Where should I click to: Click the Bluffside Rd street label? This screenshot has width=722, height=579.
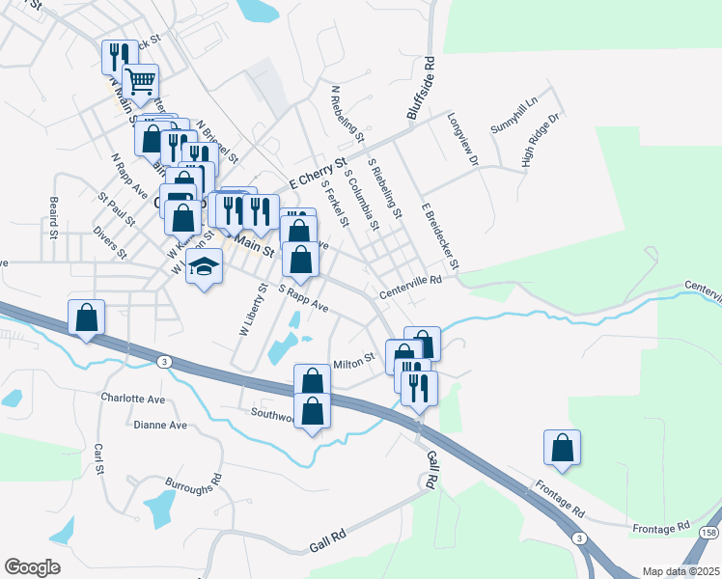[x=422, y=88]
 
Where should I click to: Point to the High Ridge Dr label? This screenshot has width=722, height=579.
[x=541, y=141]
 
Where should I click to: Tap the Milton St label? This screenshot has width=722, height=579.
[x=353, y=364]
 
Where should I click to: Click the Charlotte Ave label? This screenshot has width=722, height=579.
[x=133, y=397]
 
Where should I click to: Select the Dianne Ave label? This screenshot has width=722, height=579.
[x=160, y=425]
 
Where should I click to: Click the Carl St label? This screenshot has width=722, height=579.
[x=98, y=458]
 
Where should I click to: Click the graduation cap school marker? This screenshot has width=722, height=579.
[x=204, y=266]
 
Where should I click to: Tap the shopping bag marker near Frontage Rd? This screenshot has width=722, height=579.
[x=562, y=448]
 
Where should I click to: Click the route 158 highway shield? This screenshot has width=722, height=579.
[x=710, y=533]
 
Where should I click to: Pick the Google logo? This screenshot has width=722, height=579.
[x=32, y=567]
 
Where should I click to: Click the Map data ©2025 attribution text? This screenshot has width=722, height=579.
[x=680, y=571]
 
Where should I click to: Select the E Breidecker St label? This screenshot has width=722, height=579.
[x=439, y=236]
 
